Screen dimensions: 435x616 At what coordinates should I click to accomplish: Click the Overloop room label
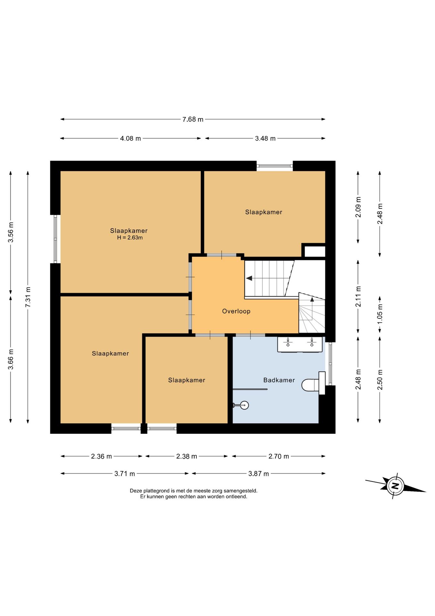(x=236, y=311)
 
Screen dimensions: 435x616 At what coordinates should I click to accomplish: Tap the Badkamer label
(x=279, y=380)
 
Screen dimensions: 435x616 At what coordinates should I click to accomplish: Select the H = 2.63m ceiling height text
(x=130, y=238)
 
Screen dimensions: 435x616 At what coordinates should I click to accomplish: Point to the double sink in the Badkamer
(x=300, y=345)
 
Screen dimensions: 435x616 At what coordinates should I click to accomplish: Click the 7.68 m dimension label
(x=193, y=119)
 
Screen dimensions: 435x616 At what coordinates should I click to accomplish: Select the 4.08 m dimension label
(x=130, y=139)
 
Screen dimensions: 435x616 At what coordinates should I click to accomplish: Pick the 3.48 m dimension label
(x=265, y=139)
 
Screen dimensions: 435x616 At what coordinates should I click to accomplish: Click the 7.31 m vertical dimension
(x=28, y=297)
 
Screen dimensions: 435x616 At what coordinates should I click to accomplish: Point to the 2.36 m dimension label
(x=101, y=456)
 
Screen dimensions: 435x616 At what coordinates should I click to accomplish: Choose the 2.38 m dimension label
(x=186, y=456)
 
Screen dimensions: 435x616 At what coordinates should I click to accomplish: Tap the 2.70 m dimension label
(x=278, y=456)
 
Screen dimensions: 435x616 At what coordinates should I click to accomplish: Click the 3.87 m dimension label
(x=259, y=474)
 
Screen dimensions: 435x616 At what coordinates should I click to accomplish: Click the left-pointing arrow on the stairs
(x=249, y=278)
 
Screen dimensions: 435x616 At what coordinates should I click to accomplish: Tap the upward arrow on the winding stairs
(x=312, y=300)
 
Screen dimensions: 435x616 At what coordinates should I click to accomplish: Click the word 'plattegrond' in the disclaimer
(x=156, y=491)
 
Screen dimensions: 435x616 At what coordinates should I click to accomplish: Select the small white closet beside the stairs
(x=315, y=252)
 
